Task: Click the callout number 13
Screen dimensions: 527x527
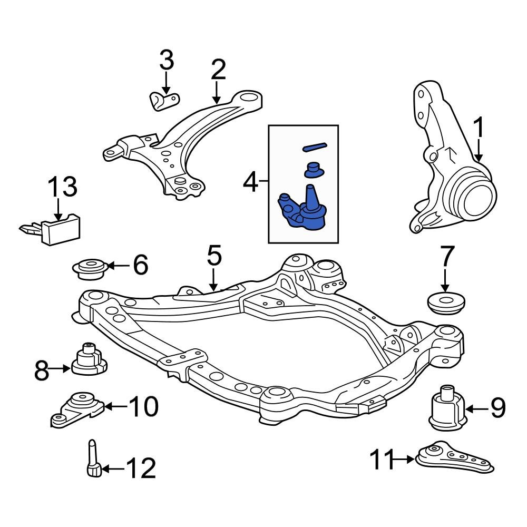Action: click(63, 188)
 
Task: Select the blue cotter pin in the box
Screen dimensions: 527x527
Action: click(315, 146)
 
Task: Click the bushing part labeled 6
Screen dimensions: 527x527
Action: click(90, 268)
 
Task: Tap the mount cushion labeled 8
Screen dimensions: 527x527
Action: click(89, 359)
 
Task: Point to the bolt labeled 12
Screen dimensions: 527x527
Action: click(92, 458)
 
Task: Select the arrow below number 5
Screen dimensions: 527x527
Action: click(213, 279)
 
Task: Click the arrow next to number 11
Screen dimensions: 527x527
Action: click(405, 460)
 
